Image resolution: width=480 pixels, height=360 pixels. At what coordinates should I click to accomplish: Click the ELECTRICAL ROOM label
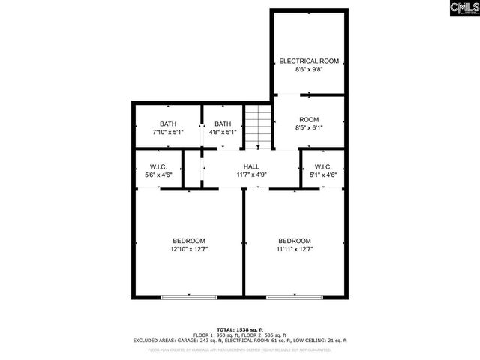(x=309, y=61)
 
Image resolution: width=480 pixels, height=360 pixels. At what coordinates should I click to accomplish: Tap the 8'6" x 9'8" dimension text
(x=309, y=70)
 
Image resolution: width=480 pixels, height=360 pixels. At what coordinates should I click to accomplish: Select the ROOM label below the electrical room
(x=309, y=120)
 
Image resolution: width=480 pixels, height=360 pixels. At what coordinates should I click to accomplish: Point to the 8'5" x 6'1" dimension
(x=309, y=128)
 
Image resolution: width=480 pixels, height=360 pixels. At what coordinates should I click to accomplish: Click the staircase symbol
(x=256, y=126)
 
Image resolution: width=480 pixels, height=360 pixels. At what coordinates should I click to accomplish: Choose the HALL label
(x=251, y=166)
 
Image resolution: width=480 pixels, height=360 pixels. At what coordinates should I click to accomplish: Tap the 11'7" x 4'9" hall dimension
(x=251, y=175)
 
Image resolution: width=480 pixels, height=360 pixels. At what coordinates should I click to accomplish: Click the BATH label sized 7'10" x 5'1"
(x=168, y=124)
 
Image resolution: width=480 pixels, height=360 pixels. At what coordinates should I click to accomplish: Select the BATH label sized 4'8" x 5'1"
(x=223, y=124)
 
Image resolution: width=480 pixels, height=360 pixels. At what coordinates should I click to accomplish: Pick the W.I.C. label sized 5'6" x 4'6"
(x=157, y=166)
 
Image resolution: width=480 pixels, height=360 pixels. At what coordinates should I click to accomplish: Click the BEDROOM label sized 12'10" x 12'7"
(x=188, y=241)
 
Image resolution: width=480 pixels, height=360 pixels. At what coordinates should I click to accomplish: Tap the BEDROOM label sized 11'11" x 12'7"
(x=294, y=241)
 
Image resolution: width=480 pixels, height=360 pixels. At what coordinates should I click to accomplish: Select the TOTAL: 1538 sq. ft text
(x=240, y=329)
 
